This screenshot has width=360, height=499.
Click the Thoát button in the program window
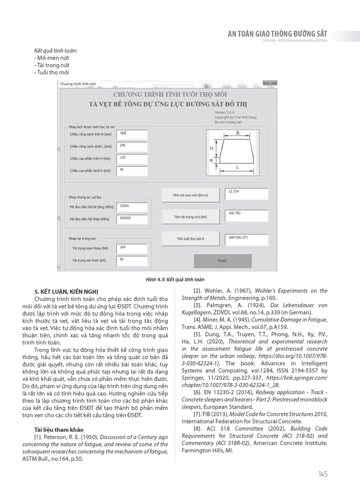click(221, 261)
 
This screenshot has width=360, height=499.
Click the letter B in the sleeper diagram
click(238, 132)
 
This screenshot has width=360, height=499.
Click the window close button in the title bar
click(271, 83)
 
